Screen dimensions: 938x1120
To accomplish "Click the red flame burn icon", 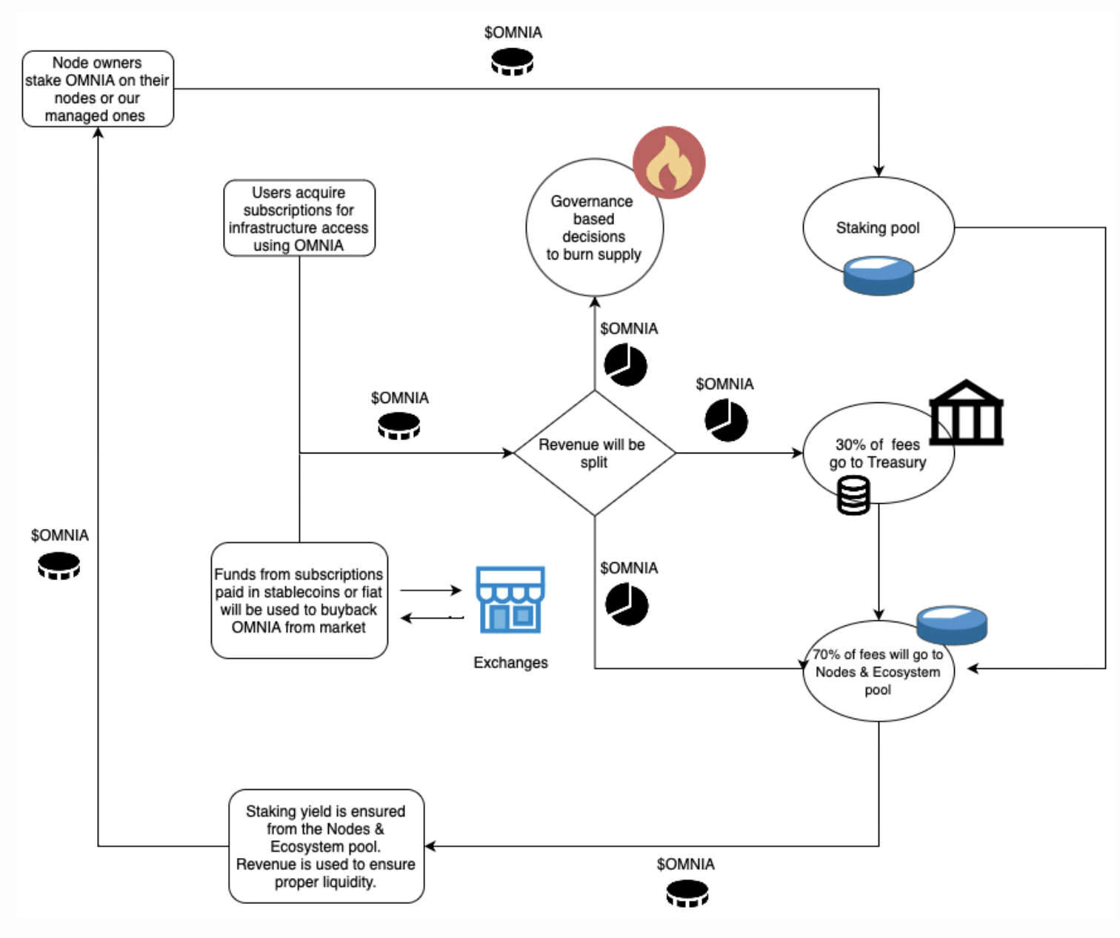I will tap(669, 162).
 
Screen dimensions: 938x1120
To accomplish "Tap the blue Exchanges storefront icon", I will tap(510, 599).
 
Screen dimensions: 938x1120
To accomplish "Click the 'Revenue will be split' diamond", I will tap(594, 453).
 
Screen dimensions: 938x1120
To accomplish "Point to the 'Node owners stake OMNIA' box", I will tap(98, 89).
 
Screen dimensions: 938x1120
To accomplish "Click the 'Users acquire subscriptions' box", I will tap(299, 219).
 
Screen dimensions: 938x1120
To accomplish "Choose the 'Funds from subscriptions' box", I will tap(299, 600).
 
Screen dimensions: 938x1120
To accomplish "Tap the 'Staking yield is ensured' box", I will tap(326, 846).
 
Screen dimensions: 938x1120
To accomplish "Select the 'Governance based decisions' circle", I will tap(594, 227).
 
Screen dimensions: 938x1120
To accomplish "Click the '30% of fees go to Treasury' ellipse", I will tap(878, 453).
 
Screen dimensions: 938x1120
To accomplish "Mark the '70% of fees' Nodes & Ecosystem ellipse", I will tap(878, 671).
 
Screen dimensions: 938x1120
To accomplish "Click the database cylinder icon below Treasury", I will tap(853, 496).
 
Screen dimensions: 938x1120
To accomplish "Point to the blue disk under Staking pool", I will tap(879, 276).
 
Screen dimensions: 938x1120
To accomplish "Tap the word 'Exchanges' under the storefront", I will tap(510, 662).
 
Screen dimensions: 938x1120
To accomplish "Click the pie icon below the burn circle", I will tap(626, 365).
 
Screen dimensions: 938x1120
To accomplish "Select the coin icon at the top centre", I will tap(513, 61).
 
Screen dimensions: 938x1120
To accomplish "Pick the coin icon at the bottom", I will tap(687, 894).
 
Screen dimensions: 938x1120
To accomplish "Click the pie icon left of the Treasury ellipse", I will tap(726, 420).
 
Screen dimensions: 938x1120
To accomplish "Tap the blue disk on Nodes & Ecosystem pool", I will tap(952, 624).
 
